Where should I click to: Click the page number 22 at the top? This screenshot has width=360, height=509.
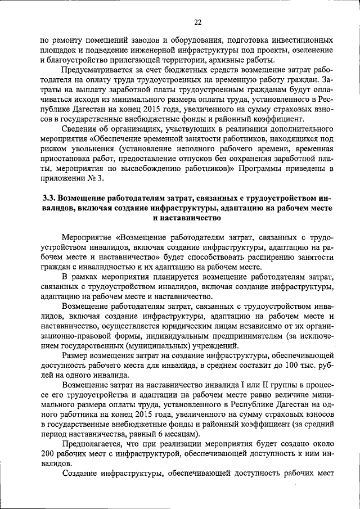coord(197,22)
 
